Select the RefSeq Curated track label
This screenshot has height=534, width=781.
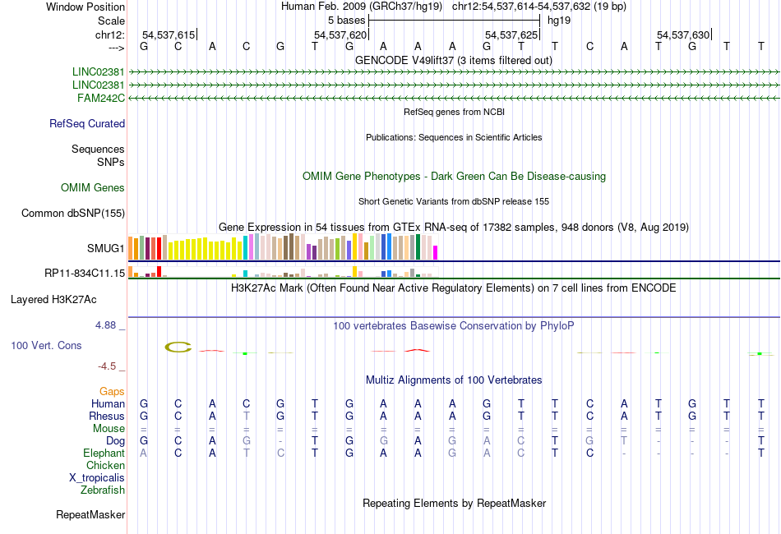point(87,124)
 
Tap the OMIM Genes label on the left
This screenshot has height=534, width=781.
point(93,188)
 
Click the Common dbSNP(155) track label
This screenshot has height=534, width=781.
point(72,214)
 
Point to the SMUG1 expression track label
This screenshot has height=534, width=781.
point(106,247)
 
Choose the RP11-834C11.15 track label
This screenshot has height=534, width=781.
point(85,273)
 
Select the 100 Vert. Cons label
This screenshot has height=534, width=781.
point(46,346)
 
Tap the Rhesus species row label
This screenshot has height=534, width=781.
point(106,417)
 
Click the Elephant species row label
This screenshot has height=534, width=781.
point(104,453)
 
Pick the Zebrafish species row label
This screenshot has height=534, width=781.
point(103,490)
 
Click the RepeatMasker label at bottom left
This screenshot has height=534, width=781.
point(90,515)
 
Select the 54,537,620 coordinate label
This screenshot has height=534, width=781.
point(340,35)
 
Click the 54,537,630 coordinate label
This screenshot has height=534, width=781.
point(682,35)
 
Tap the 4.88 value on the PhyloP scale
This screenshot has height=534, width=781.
point(107,325)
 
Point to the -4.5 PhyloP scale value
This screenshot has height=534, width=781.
point(109,366)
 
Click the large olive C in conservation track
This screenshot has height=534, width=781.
point(178,348)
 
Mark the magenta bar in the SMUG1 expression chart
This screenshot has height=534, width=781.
point(436,251)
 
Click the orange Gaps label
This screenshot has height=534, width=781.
point(113,392)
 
